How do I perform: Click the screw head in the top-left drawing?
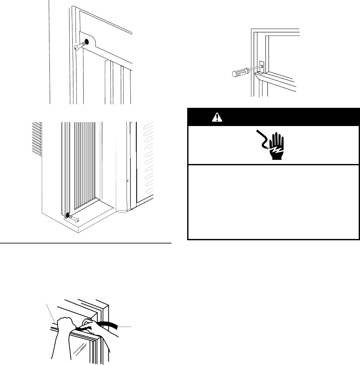click(77, 47)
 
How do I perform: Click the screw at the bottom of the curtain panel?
click(75, 219)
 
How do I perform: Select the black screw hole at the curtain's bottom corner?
click(67, 215)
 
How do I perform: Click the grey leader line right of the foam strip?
click(125, 326)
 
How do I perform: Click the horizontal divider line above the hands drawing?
click(86, 243)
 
